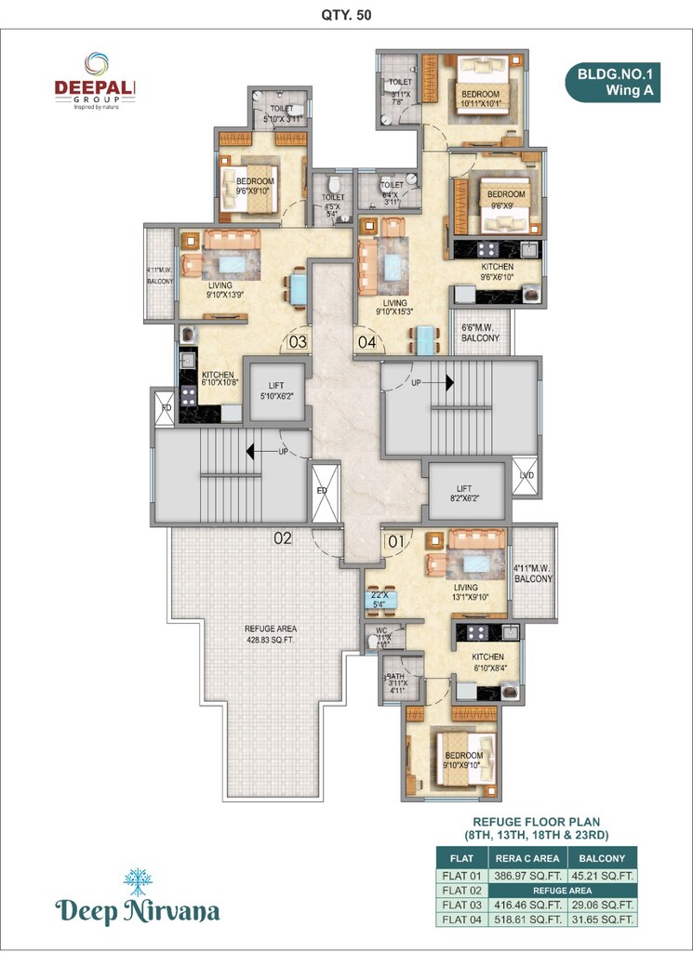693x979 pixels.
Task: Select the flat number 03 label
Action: (x=298, y=341)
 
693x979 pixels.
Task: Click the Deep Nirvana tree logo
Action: (x=138, y=884)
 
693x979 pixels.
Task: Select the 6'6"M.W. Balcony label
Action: (x=481, y=333)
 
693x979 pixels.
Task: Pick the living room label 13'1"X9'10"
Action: (x=465, y=592)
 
